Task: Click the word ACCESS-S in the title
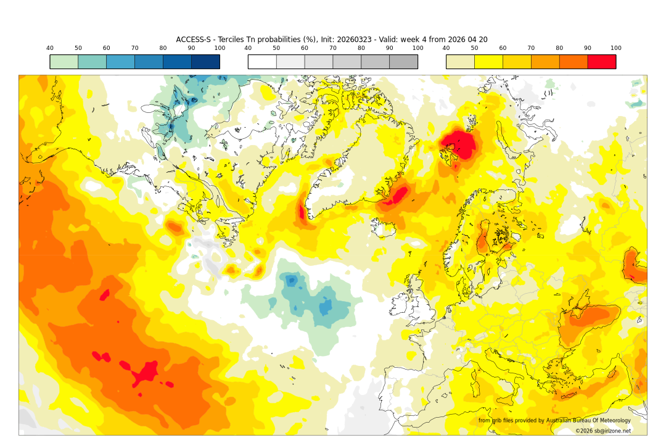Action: click(x=194, y=39)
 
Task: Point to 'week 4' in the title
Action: click(x=422, y=39)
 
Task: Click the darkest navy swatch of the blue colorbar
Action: click(x=205, y=62)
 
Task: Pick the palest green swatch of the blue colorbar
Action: click(x=64, y=62)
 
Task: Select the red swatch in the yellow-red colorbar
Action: click(x=601, y=62)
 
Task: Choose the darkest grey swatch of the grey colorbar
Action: click(x=403, y=62)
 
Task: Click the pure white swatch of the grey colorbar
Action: click(x=262, y=62)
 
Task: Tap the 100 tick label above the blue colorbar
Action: click(x=220, y=48)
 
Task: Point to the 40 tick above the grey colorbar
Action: click(x=248, y=48)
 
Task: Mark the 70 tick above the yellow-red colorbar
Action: click(x=531, y=48)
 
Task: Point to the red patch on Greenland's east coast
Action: click(x=398, y=196)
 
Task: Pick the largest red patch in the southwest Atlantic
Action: click(x=146, y=373)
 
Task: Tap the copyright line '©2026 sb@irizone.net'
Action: click(x=602, y=431)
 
